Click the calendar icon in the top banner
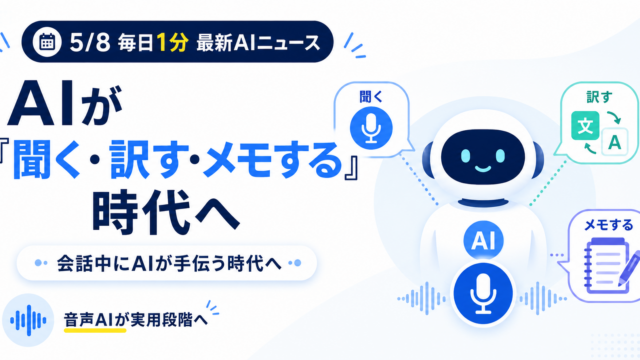(47, 42)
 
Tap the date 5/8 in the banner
(90, 42)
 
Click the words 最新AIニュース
(258, 43)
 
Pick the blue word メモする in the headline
(272, 160)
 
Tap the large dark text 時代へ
(165, 212)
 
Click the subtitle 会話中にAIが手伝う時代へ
(169, 263)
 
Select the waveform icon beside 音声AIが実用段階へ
(28, 320)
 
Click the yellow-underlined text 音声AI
(88, 320)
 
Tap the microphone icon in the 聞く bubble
(371, 128)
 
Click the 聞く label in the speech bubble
(371, 97)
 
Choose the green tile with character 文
(585, 125)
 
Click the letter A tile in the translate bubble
(614, 142)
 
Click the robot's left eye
(466, 156)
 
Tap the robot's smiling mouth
(483, 169)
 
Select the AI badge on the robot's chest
(483, 240)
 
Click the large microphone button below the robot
(483, 293)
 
